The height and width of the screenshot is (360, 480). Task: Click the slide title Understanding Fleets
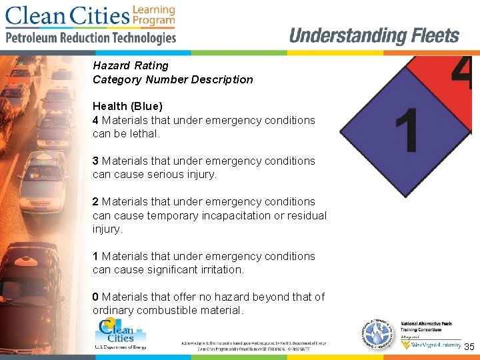point(374,36)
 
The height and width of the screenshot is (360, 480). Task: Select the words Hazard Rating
point(131,65)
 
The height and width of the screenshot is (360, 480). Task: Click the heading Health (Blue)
point(127,106)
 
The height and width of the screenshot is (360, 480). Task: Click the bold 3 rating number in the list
point(96,161)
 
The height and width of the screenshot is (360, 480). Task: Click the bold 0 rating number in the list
point(96,297)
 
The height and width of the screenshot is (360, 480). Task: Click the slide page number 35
point(469,347)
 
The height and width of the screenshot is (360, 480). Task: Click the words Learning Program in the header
point(154,15)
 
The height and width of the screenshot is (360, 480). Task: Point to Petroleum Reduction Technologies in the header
point(91,38)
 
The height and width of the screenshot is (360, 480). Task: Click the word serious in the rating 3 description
point(172,175)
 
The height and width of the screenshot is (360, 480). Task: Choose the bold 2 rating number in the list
point(96,201)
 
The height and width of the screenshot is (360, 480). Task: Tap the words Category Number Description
point(173,79)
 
